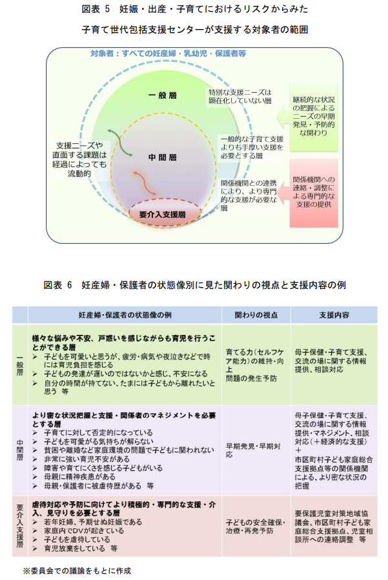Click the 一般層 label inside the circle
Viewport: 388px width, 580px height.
[162, 95]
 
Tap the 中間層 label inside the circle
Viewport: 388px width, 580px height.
[162, 157]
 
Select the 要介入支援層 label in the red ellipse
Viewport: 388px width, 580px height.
[162, 214]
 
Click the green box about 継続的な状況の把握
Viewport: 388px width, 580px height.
[314, 117]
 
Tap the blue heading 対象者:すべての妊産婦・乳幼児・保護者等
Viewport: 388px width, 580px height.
[168, 54]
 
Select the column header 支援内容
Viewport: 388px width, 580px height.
[334, 315]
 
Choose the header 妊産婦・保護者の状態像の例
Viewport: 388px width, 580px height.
[125, 315]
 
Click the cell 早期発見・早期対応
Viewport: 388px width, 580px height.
[252, 450]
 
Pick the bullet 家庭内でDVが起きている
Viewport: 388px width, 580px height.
[84, 530]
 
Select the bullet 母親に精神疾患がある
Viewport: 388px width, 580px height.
[79, 476]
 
